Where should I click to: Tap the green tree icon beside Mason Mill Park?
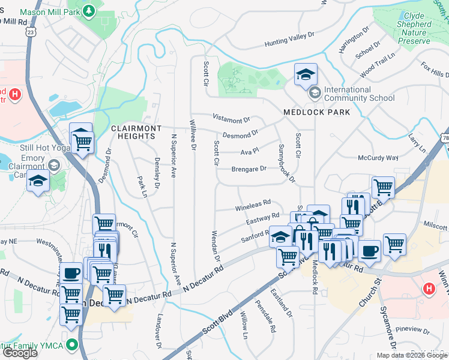(x=89, y=11)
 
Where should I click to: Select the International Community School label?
(x=359, y=94)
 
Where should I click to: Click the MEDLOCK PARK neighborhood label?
(x=312, y=112)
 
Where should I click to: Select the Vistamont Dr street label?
(x=231, y=119)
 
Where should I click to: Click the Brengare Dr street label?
(x=249, y=169)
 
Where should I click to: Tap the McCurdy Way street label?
(x=378, y=158)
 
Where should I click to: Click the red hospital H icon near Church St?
(x=429, y=289)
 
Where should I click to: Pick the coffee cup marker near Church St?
(x=369, y=250)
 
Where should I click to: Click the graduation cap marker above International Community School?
(x=306, y=74)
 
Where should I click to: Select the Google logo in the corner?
(x=20, y=353)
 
